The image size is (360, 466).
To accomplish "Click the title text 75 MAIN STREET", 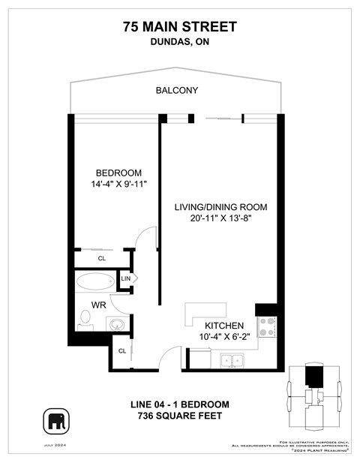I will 180,27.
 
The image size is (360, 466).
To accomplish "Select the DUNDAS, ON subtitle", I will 180,43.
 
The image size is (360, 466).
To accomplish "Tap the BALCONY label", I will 177,90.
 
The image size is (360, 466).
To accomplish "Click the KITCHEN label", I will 225,326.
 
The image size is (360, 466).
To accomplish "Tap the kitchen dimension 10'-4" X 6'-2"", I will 225,338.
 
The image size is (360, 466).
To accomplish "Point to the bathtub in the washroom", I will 94,282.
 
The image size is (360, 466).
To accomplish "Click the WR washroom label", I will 98,305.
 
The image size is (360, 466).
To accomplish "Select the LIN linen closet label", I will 126,278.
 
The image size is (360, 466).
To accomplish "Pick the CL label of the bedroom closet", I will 101,258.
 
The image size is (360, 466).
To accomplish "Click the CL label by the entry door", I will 121,350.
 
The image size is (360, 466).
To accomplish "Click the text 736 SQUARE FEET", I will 180,416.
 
